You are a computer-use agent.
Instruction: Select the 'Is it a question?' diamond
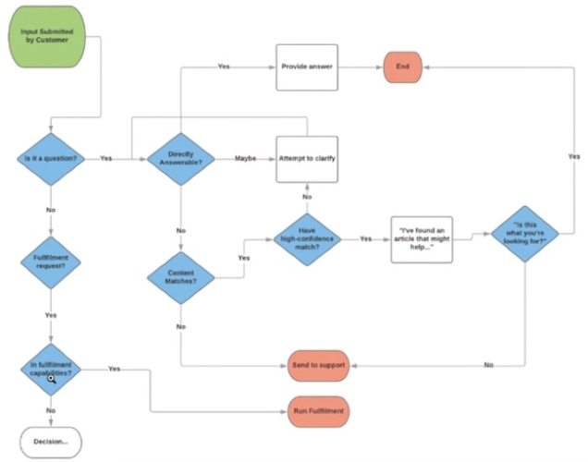[x=50, y=158]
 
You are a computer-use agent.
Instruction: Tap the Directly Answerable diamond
[x=180, y=158]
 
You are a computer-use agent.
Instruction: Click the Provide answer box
[x=306, y=67]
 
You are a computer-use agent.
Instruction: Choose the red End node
[x=402, y=67]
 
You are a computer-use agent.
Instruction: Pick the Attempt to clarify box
[x=306, y=158]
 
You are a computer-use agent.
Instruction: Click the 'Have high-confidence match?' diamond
[x=306, y=237]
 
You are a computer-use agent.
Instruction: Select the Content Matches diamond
[x=180, y=275]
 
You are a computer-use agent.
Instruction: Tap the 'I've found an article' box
[x=424, y=237]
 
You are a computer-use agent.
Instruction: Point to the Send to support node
[x=317, y=365]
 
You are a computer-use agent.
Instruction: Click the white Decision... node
[x=50, y=441]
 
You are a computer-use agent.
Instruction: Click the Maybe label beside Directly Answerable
[x=245, y=158]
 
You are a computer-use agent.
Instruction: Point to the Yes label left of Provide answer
[x=224, y=67]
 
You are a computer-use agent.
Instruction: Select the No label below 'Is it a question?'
[x=50, y=210]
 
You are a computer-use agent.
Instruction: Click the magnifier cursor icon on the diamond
[x=52, y=378]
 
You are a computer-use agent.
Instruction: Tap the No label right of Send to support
[x=488, y=365]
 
